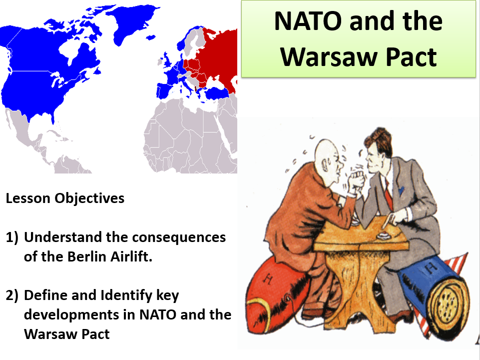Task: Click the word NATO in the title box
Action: [308, 21]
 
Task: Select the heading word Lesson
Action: [28, 198]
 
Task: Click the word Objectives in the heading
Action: [89, 198]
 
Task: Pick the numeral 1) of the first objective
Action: [12, 237]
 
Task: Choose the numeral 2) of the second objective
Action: [12, 295]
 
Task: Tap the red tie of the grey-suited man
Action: [388, 193]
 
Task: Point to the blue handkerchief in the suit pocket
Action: [401, 190]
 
